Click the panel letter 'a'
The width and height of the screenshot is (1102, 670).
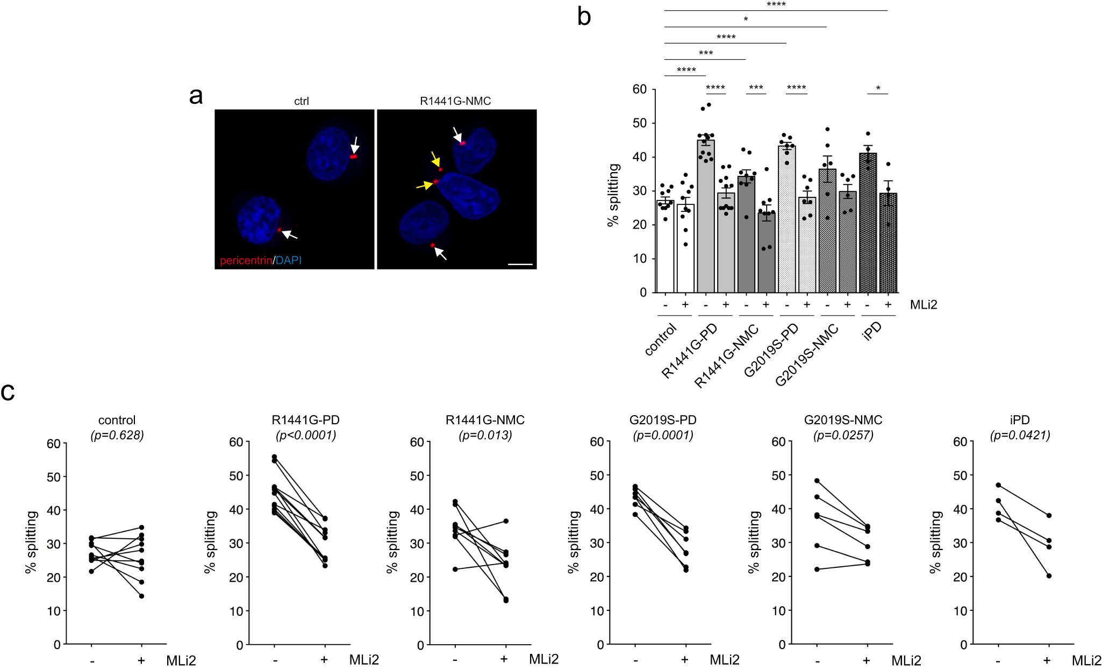[196, 97]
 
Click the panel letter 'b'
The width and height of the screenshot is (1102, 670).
[584, 17]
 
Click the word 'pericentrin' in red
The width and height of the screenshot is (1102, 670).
[246, 261]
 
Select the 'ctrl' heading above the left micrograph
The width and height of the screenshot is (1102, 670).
[301, 101]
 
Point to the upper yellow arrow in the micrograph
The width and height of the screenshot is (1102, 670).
[435, 160]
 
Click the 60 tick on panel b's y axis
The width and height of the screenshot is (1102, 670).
[639, 89]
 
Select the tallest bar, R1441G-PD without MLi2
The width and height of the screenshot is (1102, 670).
[705, 215]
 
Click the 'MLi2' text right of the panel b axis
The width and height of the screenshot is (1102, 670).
[923, 305]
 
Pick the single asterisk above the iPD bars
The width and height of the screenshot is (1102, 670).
[878, 89]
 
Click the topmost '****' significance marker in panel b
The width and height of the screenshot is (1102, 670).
[776, 5]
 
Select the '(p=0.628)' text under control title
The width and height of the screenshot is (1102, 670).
[117, 435]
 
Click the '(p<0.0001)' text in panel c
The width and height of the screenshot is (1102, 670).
[305, 435]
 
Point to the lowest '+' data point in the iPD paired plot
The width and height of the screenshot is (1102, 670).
[1048, 576]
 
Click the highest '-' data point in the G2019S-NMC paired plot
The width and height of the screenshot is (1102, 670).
[817, 481]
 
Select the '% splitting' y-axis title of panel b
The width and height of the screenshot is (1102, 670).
[613, 195]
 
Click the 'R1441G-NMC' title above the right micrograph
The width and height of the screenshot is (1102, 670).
[455, 101]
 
